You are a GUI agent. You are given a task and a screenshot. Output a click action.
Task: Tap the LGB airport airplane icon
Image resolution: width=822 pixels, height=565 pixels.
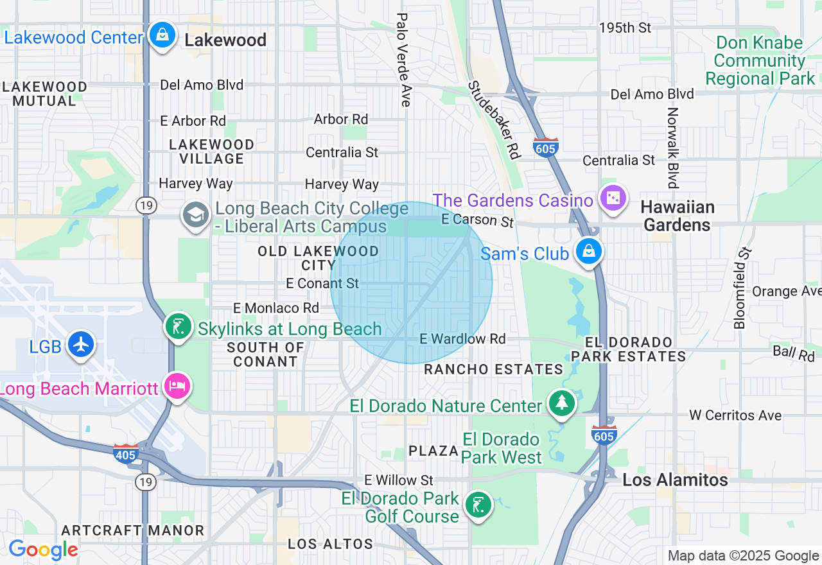[x=80, y=344]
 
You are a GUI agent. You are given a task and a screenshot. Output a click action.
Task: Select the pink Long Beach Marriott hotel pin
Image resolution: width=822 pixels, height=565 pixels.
[x=177, y=386]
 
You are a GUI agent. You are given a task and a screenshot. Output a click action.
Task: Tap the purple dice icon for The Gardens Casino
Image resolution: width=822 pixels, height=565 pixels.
[x=613, y=198]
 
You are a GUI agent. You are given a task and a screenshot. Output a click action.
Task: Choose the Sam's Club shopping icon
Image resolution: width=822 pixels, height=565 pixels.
[x=588, y=251]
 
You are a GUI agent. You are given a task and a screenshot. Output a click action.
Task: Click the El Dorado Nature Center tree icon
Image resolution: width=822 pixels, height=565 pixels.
[x=562, y=403]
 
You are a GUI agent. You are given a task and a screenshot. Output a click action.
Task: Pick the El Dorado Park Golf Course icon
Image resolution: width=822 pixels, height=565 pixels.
[x=477, y=505]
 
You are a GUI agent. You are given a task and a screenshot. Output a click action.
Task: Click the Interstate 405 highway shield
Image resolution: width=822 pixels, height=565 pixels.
[x=125, y=454]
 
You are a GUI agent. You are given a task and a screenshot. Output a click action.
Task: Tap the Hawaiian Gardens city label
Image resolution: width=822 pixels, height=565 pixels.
[x=678, y=216]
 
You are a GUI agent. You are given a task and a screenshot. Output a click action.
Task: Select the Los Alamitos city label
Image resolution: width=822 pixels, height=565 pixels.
[x=675, y=480]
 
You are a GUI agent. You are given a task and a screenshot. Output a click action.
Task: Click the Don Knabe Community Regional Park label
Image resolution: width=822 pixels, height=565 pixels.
[x=760, y=61]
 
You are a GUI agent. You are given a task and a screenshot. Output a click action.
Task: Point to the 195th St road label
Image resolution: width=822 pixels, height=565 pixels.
[x=625, y=28]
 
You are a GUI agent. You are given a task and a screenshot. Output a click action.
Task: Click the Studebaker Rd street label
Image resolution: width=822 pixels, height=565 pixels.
[x=493, y=120]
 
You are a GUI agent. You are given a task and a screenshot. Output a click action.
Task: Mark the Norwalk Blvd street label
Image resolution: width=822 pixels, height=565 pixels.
[x=672, y=148]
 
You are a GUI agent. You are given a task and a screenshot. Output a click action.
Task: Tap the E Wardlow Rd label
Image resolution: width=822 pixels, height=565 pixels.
[x=462, y=338]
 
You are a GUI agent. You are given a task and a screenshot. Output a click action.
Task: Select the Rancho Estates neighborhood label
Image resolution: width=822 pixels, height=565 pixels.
[x=493, y=369]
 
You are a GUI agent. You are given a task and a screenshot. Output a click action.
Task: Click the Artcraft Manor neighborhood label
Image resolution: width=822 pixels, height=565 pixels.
[x=133, y=530]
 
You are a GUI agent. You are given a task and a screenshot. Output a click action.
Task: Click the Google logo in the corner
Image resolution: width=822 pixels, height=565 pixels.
[x=43, y=550]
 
